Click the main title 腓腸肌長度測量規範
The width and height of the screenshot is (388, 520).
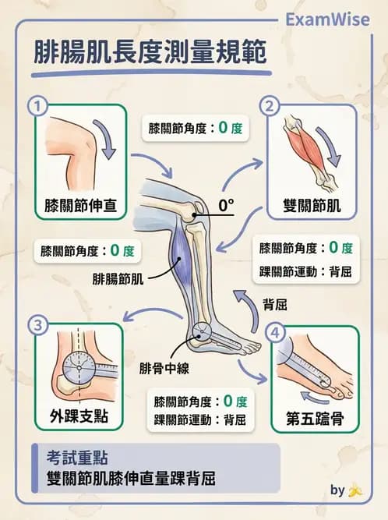tap(150, 53)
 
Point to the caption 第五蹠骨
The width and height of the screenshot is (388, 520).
tap(315, 417)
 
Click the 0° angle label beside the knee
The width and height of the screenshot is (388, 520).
tap(227, 207)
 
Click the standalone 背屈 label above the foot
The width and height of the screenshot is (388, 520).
tap(274, 306)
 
